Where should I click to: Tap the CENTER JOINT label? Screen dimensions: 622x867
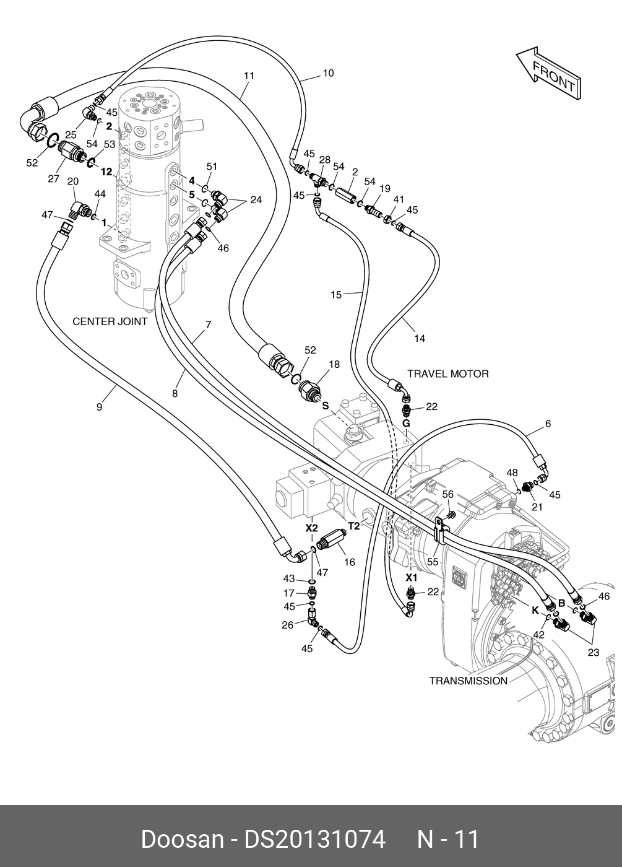(110, 321)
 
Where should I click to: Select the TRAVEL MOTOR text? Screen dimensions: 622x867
(448, 374)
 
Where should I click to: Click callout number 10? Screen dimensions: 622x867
(328, 73)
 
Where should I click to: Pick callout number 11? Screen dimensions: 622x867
(249, 76)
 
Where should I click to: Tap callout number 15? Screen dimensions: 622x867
(336, 295)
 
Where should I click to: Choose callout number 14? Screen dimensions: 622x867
(420, 339)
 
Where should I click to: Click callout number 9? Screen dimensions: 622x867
(100, 407)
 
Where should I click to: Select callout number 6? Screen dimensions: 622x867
(548, 424)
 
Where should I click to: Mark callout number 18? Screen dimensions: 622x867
(334, 364)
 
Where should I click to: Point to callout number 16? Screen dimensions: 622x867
(349, 562)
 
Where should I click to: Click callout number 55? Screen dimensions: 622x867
(433, 562)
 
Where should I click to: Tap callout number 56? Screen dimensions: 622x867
(447, 494)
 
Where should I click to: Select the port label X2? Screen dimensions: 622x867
(312, 528)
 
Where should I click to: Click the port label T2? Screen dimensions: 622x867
(354, 526)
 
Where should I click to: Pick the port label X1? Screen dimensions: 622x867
(412, 578)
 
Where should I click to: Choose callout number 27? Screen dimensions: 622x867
(53, 178)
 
